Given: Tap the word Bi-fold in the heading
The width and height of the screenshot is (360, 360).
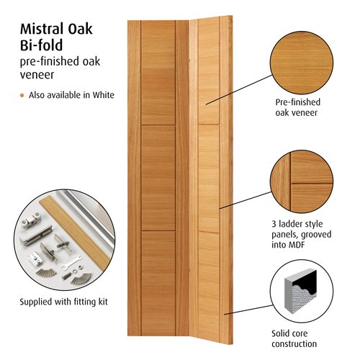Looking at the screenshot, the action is pos(41,45).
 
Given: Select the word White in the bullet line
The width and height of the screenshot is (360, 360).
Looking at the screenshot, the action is pos(104,95).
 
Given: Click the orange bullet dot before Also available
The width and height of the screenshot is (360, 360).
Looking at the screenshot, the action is pos(22,96).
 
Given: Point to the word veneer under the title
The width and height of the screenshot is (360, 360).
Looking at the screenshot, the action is pos(37,75).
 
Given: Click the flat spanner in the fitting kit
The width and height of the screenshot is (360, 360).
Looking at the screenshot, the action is pos(71,263).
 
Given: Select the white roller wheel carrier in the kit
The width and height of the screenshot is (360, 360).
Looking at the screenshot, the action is pos(30,220).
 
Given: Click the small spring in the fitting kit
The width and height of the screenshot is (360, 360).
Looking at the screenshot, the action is pos(66,276).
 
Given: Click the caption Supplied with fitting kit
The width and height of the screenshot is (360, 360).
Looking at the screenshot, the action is pos(63,302).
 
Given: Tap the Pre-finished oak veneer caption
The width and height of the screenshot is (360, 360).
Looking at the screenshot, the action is pos(297,107).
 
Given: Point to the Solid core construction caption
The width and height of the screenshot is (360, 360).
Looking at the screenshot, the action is pos(294,338).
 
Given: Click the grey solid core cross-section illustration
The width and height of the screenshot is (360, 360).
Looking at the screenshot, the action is pos(300,291).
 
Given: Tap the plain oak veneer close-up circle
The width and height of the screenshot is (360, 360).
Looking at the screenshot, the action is pos(302,63).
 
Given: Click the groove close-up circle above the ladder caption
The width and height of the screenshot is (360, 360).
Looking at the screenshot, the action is pos(302,181).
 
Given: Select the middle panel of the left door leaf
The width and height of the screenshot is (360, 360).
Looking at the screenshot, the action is pos(158,178).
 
